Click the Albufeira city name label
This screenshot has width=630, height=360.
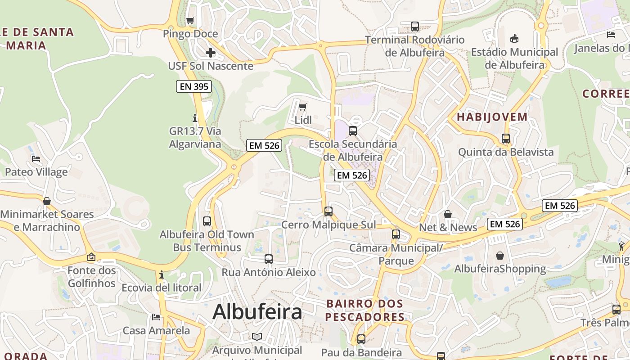257,311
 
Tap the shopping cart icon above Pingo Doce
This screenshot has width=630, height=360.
190,20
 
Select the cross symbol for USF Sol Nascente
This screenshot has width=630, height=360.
210,53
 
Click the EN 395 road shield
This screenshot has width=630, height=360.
194,86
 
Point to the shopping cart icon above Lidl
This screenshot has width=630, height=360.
303,107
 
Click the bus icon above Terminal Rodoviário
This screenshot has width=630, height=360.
415,27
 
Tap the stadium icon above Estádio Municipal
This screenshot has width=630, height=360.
514,39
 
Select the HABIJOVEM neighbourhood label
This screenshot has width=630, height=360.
492,117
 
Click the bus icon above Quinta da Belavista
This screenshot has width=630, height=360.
506,139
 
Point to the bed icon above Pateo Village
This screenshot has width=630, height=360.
36,158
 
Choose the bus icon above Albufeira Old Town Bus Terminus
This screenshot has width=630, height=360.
207,221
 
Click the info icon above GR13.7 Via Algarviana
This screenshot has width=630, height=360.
195,118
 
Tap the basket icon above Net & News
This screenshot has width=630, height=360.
448,214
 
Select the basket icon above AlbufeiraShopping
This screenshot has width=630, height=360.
500,256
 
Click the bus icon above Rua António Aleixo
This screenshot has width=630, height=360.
269,259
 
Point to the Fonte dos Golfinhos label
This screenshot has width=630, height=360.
92,277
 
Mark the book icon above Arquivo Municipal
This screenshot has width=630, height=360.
257,337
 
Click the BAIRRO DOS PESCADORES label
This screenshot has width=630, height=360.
365,310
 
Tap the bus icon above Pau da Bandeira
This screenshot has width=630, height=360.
361,339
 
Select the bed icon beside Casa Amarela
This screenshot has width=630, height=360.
156,317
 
